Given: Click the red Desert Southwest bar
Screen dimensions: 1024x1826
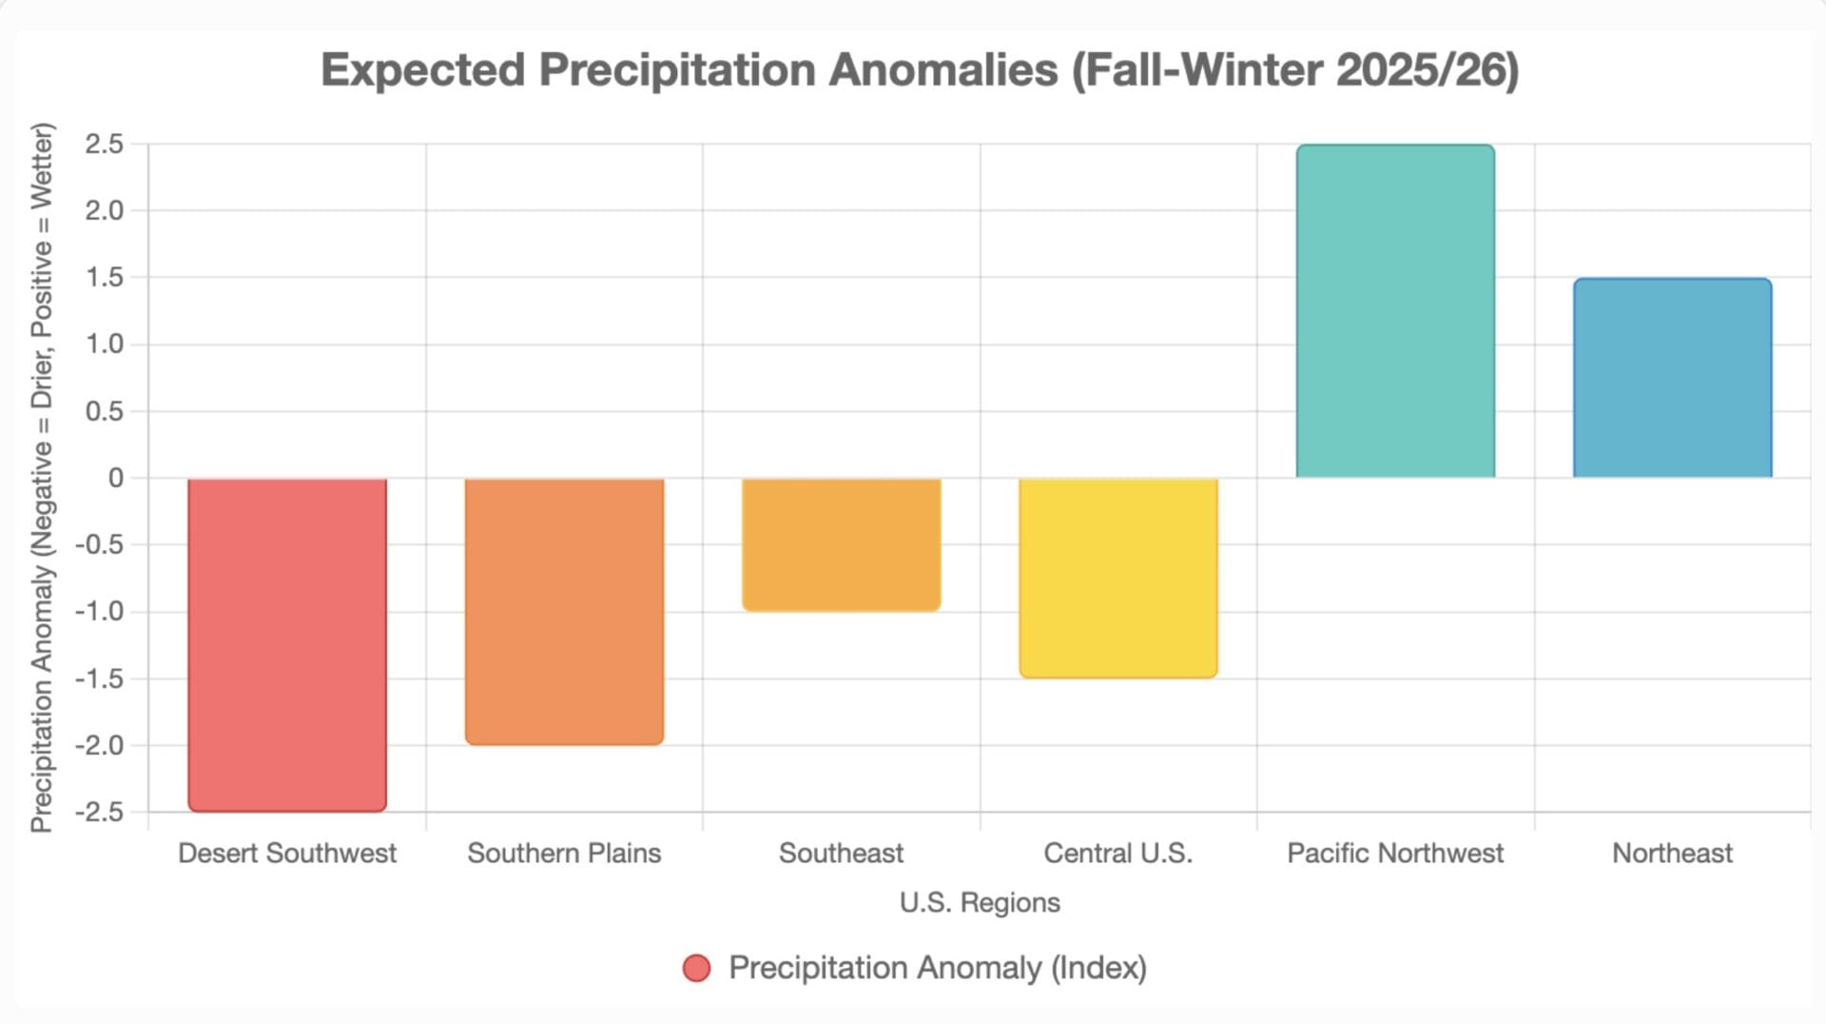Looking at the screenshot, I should (x=287, y=644).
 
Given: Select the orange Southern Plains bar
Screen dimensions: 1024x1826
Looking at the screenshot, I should (x=564, y=611).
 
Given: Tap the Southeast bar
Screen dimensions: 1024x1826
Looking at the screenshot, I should (x=842, y=544).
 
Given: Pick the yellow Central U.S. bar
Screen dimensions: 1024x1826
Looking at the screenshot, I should (x=1118, y=578).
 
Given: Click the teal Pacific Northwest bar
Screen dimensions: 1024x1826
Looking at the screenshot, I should (x=1395, y=311).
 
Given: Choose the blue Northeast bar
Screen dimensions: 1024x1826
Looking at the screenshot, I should (x=1672, y=378).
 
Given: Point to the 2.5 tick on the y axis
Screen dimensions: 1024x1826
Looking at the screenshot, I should (x=105, y=145).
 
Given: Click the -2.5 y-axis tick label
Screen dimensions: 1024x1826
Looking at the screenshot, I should (x=100, y=813).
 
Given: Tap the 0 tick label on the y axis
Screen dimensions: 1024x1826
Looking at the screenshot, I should (x=116, y=478).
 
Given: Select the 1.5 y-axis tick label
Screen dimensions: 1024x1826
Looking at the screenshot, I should (x=105, y=278).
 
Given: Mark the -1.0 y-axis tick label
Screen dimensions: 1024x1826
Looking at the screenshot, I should (x=100, y=612).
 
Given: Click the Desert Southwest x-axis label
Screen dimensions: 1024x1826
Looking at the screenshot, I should (x=287, y=854).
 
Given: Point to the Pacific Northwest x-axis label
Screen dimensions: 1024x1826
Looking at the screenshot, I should (x=1395, y=854).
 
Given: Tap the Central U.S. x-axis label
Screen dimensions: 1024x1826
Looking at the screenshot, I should (x=1118, y=854).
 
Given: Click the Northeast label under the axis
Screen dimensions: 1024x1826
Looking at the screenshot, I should (x=1672, y=854).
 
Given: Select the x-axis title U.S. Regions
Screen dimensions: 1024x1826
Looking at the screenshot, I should (x=980, y=902).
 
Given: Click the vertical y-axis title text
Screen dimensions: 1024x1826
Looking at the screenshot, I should (x=42, y=478).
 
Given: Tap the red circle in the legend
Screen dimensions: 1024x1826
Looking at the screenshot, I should (x=697, y=969).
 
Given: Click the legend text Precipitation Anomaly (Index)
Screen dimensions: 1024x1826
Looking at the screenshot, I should (x=938, y=969).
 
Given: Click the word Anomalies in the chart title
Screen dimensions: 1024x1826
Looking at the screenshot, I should (x=942, y=70).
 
